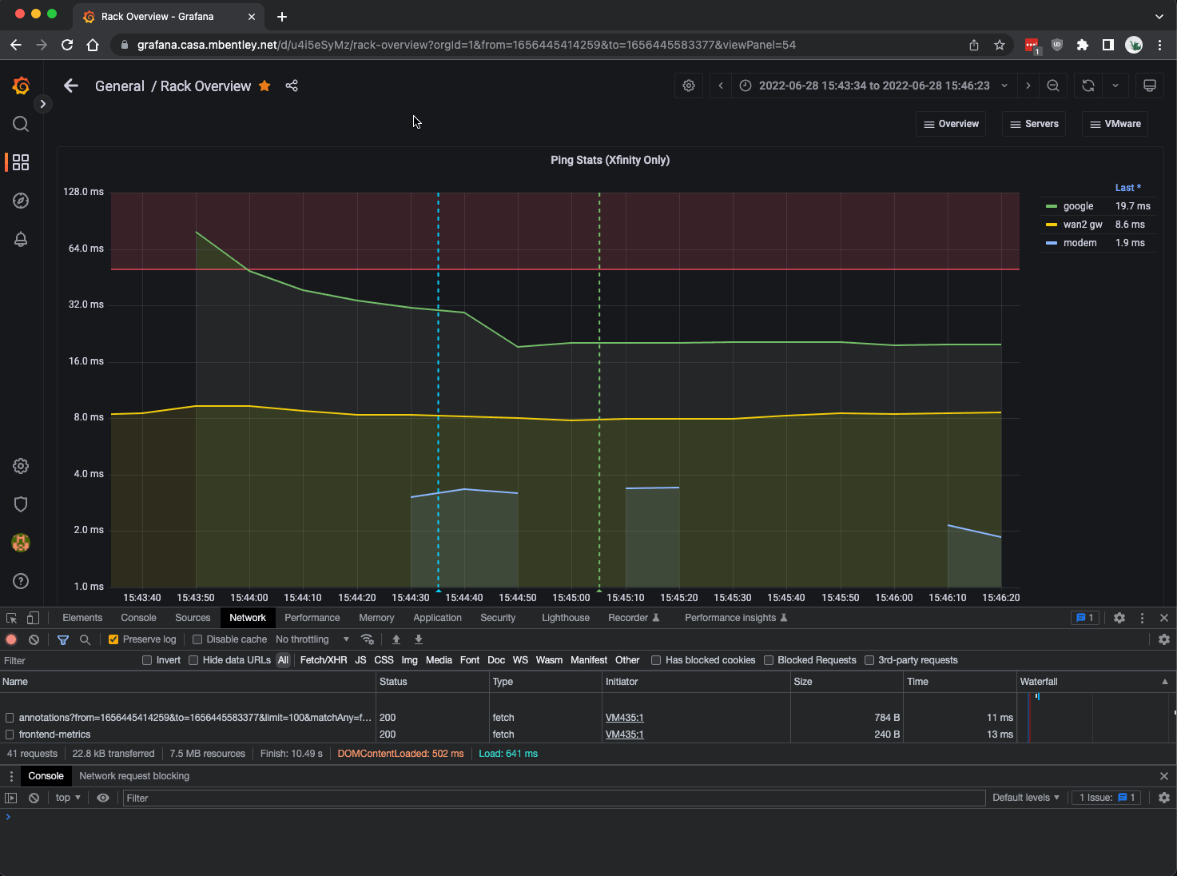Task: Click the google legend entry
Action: coord(1077,206)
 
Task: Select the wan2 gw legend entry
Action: coord(1082,225)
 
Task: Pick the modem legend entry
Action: coord(1079,243)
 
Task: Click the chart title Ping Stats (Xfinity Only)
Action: coord(610,160)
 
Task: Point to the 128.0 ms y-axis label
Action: coord(83,192)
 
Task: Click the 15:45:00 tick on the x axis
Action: coord(571,598)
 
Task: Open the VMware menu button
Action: coord(1115,124)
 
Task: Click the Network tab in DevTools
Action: coord(248,618)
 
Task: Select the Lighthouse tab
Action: coord(565,618)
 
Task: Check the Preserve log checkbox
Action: coord(113,639)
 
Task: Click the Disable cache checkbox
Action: coord(197,639)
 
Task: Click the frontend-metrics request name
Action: coord(54,735)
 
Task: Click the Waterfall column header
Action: coord(1039,682)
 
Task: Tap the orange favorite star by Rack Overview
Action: coord(264,86)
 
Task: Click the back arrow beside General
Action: coord(71,86)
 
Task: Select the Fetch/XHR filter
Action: coord(323,660)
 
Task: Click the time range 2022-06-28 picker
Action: coord(873,86)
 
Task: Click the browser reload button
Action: coord(67,45)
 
